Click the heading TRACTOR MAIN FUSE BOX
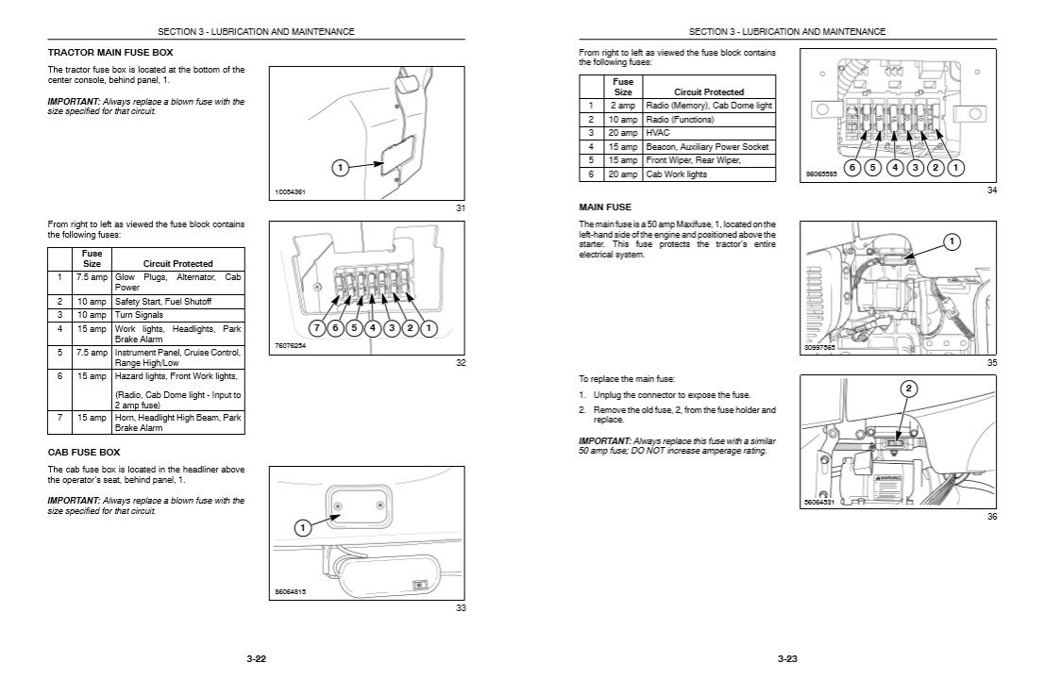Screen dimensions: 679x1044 point(109,52)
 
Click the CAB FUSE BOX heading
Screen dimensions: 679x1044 point(84,452)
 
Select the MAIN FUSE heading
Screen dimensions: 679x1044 point(604,207)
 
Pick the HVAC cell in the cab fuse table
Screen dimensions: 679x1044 point(658,133)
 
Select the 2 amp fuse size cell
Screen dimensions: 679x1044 point(622,106)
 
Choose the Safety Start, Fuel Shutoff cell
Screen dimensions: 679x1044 point(163,301)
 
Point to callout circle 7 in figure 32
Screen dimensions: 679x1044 point(318,328)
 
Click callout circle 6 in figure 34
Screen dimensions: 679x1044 point(851,168)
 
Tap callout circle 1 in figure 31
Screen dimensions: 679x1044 point(339,168)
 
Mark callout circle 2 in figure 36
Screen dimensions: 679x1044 point(908,389)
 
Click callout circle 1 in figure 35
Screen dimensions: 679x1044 point(951,242)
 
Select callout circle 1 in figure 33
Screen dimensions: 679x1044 point(302,528)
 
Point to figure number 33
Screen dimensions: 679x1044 point(461,608)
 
